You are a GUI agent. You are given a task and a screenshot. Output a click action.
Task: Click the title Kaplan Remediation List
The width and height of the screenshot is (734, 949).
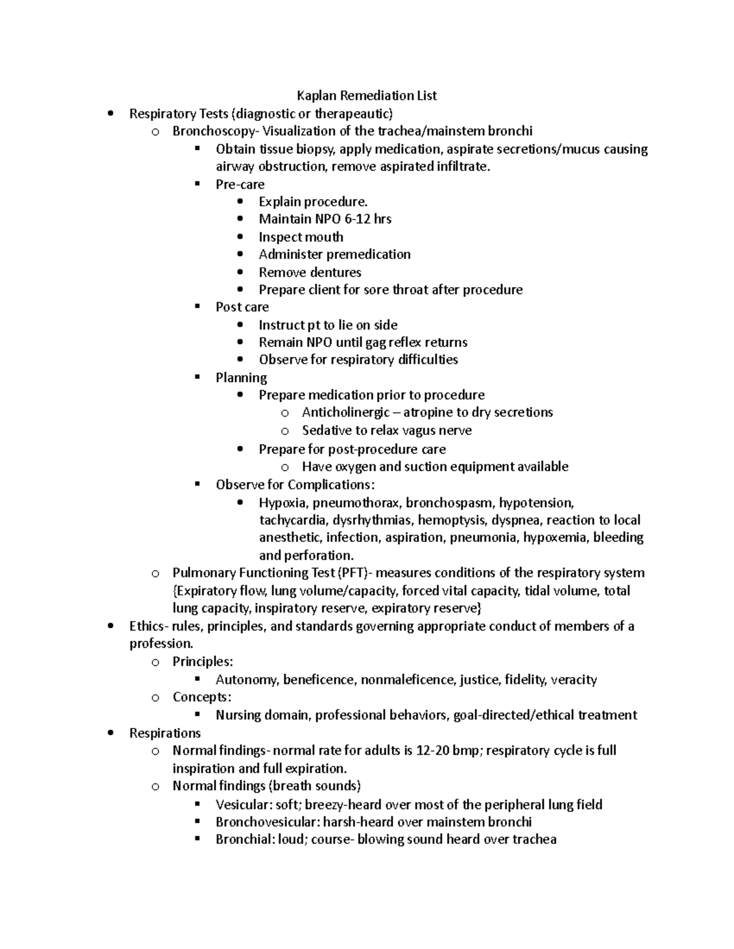366,95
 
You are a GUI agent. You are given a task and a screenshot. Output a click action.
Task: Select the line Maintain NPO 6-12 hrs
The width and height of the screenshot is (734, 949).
325,219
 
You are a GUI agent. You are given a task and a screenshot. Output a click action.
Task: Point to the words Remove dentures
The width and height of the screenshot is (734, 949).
310,272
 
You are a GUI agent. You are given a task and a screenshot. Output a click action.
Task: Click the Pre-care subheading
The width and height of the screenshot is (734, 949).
240,184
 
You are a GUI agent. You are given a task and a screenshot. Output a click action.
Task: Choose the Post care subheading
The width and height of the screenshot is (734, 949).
242,307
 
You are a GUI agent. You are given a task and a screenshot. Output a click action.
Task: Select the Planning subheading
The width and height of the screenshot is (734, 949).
241,378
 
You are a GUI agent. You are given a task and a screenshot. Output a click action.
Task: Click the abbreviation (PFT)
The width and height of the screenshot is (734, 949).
354,573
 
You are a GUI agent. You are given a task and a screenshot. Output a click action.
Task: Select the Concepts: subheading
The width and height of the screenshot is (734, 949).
202,697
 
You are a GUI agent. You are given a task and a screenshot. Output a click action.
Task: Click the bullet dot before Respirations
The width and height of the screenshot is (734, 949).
110,733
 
